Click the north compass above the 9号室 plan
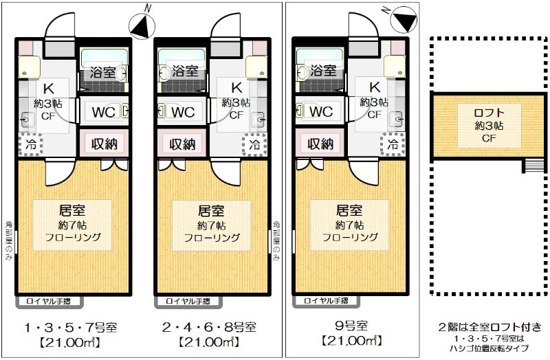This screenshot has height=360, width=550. pyautogui.click(x=401, y=19)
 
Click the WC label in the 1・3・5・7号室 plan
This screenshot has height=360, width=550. pyautogui.click(x=102, y=111)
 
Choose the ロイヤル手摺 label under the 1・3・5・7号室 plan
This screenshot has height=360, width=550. pyautogui.click(x=46, y=301)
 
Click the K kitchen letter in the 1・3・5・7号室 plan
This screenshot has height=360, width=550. pyautogui.click(x=49, y=88)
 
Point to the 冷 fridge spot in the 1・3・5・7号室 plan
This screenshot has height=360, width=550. pyautogui.click(x=30, y=145)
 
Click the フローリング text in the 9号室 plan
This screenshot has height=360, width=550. pyautogui.click(x=349, y=238)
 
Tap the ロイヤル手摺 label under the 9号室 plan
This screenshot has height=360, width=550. pyautogui.click(x=323, y=301)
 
